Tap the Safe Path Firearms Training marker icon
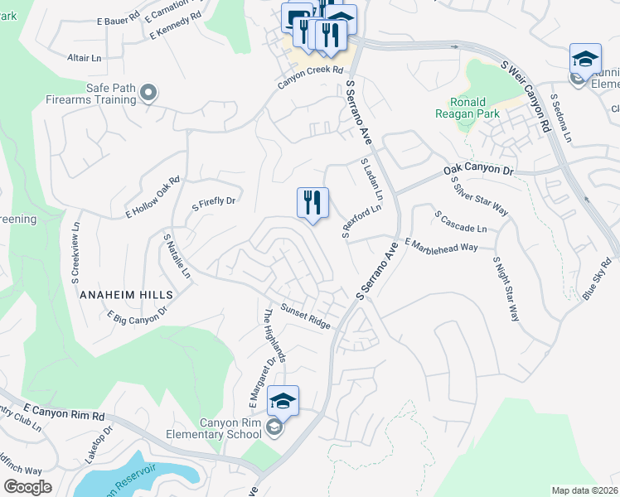click(x=149, y=92)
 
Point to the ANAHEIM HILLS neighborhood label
click(x=127, y=294)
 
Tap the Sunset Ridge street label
click(x=305, y=316)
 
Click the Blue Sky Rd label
click(x=596, y=278)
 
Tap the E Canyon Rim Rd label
click(x=65, y=412)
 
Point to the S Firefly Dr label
click(x=215, y=200)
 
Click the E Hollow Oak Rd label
click(x=153, y=196)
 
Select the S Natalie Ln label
click(x=177, y=255)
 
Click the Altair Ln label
click(x=84, y=58)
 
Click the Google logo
click(x=27, y=487)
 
